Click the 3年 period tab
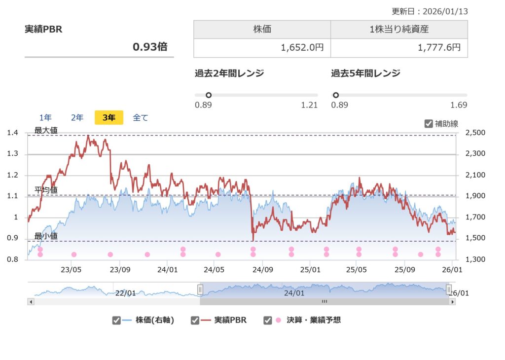point(109,118)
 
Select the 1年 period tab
point(45,118)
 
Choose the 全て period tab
point(141,118)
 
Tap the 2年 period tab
point(77,118)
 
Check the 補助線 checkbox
point(429,124)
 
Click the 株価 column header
point(262,29)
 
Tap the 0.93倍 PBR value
point(150,47)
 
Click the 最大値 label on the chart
point(46,131)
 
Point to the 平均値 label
point(46,190)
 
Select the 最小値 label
point(46,236)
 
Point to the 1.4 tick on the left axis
point(13,133)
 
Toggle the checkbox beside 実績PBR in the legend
point(195,321)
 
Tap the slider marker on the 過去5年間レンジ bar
point(336,95)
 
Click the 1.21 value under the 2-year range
point(310,105)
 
